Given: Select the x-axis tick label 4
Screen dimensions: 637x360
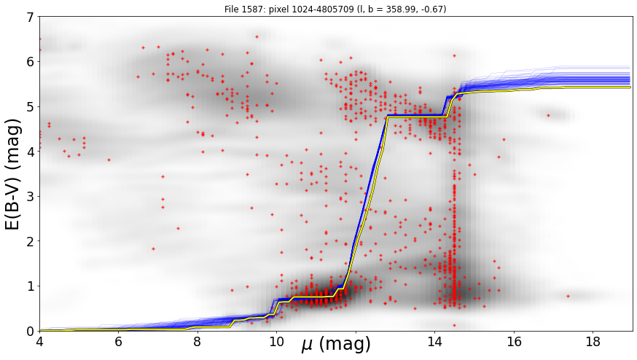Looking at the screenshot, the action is click(39, 342).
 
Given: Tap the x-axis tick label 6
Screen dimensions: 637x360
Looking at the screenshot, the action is click(119, 342).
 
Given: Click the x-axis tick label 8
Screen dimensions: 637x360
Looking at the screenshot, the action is click(198, 342).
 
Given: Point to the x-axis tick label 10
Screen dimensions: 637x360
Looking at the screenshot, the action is click(277, 342).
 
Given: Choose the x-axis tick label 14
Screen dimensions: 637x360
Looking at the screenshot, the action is click(434, 342).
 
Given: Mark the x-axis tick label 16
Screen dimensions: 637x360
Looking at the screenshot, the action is click(514, 342).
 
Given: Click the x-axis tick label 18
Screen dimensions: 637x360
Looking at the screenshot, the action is click(593, 342).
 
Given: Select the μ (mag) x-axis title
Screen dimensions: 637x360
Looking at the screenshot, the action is click(336, 344).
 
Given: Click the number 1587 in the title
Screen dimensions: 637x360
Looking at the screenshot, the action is click(247, 9).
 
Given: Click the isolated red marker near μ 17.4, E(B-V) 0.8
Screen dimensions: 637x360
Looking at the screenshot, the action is click(568, 296).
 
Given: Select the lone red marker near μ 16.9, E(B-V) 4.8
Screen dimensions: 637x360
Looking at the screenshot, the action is click(548, 115).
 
